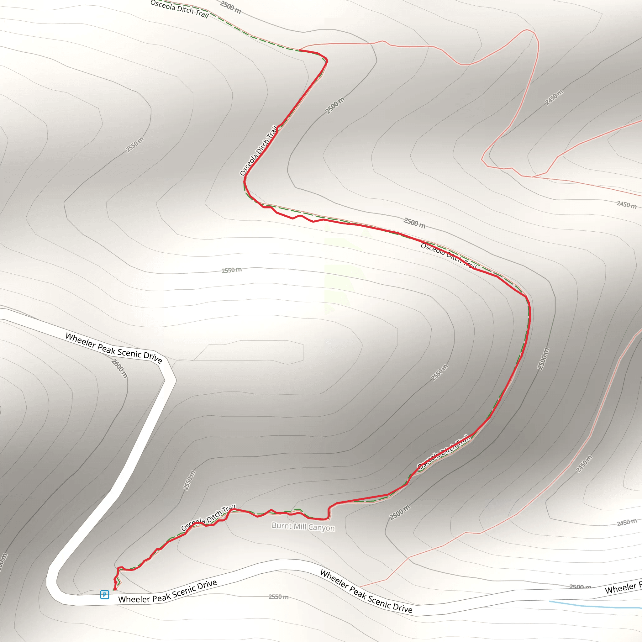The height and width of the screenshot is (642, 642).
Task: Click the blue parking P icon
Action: (105, 594)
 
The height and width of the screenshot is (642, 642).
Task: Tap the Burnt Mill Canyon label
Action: (303, 527)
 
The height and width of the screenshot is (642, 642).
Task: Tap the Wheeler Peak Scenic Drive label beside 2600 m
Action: (114, 348)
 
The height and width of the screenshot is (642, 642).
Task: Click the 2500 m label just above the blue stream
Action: (580, 587)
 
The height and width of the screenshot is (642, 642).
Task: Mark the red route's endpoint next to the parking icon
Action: (115, 590)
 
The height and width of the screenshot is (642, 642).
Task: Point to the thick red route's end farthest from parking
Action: (300, 50)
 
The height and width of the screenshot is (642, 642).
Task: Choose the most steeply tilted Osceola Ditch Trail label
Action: (259, 150)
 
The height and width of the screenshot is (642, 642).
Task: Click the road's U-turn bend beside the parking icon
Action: (53, 588)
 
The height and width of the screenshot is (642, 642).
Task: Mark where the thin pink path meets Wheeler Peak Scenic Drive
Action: (360, 587)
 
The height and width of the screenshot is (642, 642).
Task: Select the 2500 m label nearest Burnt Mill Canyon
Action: (400, 512)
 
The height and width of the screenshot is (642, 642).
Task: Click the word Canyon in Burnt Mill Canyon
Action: (321, 528)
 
